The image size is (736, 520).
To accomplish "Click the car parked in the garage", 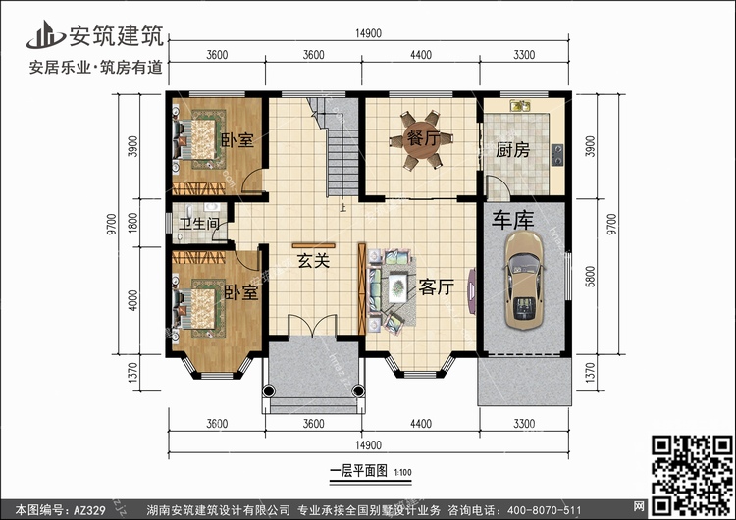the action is (x=524, y=280).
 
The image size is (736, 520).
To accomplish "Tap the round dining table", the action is (x=421, y=140).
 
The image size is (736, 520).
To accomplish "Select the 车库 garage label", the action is (x=512, y=220).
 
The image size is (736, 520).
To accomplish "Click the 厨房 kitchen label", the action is (x=512, y=150).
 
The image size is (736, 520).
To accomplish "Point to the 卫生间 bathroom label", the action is (x=199, y=224).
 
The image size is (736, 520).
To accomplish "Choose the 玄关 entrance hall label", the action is (x=314, y=260).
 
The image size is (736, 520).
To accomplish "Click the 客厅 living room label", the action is (x=436, y=286).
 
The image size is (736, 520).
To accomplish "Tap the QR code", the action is (x=692, y=475).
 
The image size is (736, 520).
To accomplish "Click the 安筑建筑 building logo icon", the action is (x=45, y=34).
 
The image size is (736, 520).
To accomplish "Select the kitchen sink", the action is (x=520, y=106).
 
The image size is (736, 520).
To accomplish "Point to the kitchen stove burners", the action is (x=557, y=155).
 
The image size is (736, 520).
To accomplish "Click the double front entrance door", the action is (x=312, y=325).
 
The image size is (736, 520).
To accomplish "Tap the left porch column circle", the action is (x=269, y=390).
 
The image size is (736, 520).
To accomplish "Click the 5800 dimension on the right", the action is (x=590, y=276).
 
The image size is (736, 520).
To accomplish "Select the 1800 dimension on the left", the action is (x=133, y=223).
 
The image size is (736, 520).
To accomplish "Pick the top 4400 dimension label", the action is (x=421, y=55).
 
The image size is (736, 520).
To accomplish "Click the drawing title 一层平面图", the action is (x=358, y=470).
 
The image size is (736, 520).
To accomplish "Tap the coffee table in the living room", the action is (x=397, y=286).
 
